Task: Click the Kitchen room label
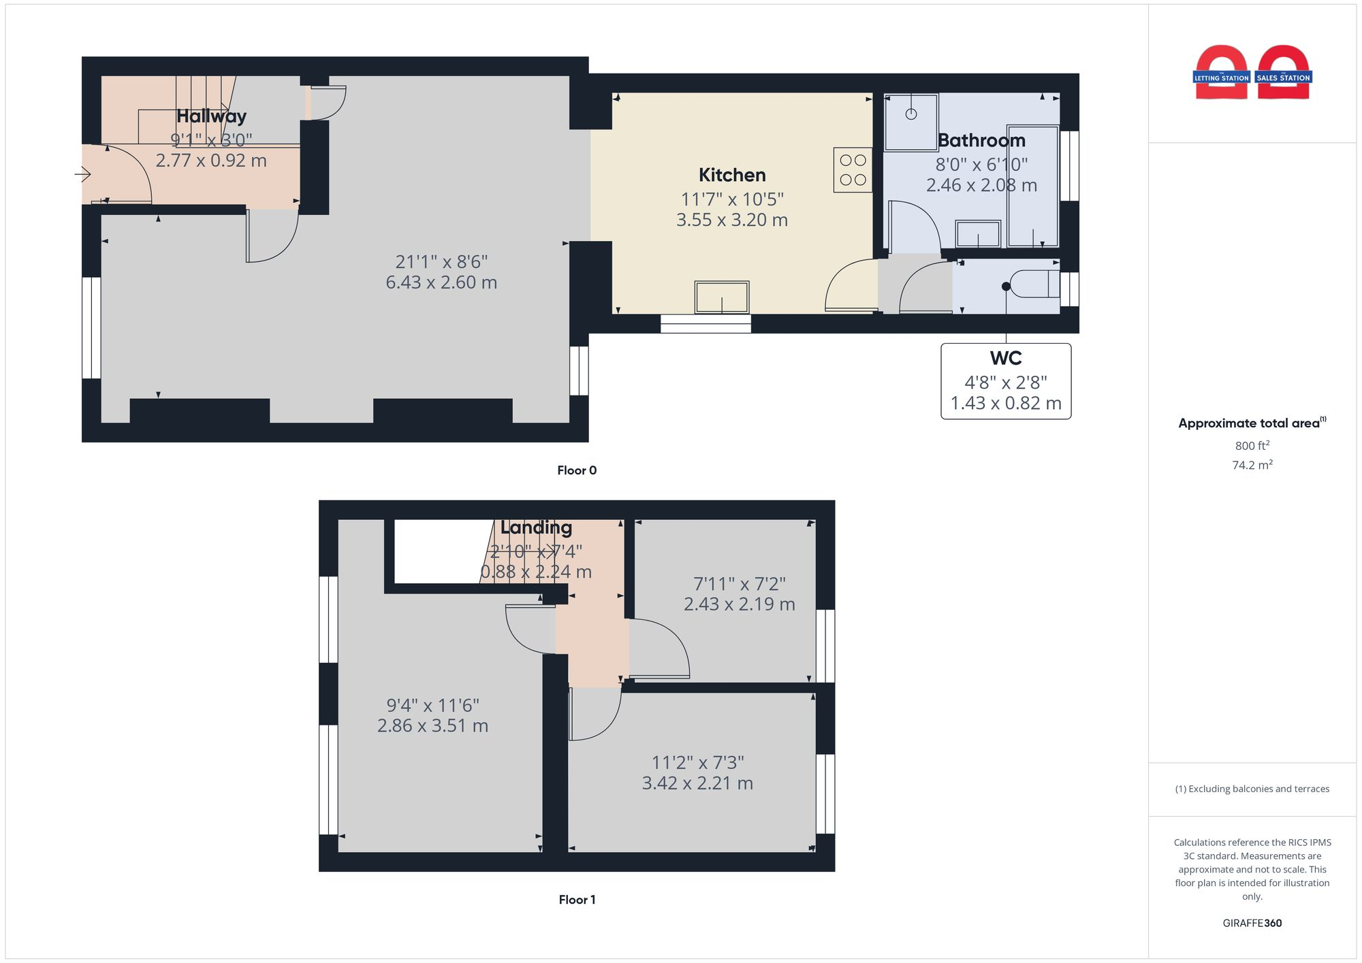(x=732, y=175)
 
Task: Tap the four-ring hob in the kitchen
(x=853, y=170)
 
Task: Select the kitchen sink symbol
(x=722, y=297)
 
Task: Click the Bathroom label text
(x=981, y=140)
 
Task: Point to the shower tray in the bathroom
(x=911, y=122)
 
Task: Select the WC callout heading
(x=1006, y=358)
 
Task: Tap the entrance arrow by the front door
(x=83, y=175)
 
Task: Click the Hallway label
(x=211, y=116)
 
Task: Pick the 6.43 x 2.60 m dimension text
(x=441, y=282)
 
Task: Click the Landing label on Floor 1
(x=536, y=527)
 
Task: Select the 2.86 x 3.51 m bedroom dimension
(x=432, y=725)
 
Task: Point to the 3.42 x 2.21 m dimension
(x=697, y=783)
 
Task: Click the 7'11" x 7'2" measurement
(x=739, y=584)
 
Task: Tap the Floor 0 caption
(x=577, y=470)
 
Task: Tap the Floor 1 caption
(x=577, y=900)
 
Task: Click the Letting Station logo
(x=1221, y=74)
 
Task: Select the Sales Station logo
(x=1283, y=74)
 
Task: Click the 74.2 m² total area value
(x=1252, y=466)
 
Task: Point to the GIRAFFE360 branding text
(x=1252, y=924)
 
